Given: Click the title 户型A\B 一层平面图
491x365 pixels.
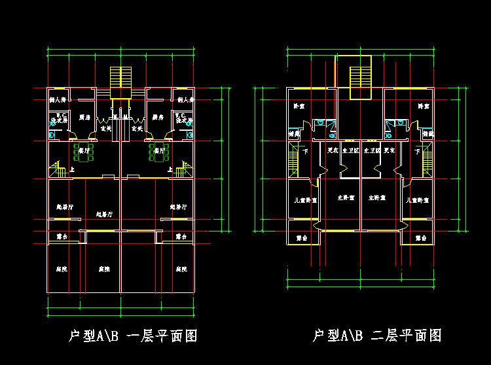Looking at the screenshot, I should [133, 336].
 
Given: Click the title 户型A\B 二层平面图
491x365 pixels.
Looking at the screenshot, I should [377, 336].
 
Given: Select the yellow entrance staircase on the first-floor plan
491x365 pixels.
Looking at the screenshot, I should [121, 82].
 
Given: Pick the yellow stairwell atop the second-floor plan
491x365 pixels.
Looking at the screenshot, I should [360, 77].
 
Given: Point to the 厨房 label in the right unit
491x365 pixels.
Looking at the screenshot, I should [157, 118].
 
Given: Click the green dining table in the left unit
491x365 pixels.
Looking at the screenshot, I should [84, 152].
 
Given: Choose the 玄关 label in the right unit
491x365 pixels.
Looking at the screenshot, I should [137, 129].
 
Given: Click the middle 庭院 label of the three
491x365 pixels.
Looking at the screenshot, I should [104, 269].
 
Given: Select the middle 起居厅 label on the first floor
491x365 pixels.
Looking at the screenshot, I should [104, 214].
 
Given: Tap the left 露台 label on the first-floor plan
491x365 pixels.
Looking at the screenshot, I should [62, 237].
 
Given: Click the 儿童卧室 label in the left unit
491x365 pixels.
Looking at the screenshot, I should [306, 200].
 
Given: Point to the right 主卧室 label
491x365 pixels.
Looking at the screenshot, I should [376, 198].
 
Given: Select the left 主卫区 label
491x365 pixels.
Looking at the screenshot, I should [351, 150].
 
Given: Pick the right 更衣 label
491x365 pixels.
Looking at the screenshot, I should [390, 150].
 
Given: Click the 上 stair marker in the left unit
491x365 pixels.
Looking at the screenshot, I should [71, 170].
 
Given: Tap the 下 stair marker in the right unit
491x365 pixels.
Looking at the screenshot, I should [416, 152].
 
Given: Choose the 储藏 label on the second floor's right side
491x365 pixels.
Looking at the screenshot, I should [428, 133].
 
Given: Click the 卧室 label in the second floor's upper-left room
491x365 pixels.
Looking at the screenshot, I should [299, 106].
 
